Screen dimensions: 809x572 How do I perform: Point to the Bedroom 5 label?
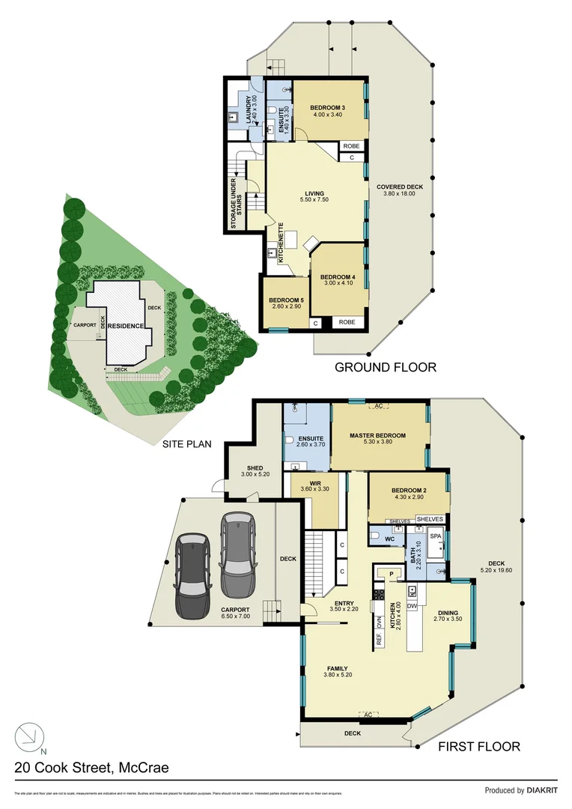tap(285, 302)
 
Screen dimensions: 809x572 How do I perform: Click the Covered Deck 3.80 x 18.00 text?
tap(400, 190)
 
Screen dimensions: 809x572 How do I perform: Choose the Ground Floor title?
tap(385, 367)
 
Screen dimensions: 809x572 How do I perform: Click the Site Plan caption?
tap(187, 443)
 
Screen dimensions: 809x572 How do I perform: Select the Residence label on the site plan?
tap(126, 327)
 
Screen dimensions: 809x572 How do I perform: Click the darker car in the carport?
tap(192, 573)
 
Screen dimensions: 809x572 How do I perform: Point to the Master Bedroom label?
tap(377, 436)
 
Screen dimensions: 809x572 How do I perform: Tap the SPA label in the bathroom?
tap(436, 537)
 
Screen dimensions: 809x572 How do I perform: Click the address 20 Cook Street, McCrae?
tap(91, 767)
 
